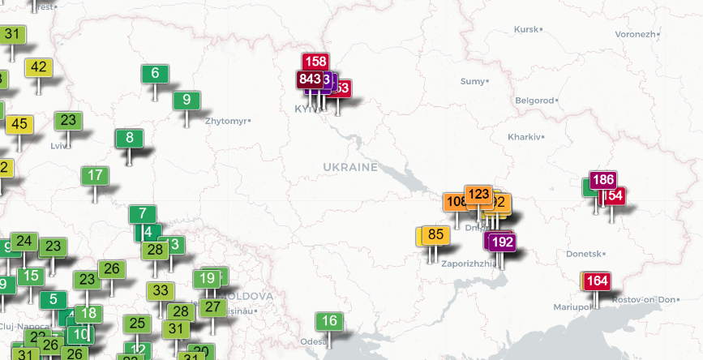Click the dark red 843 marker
pyautogui.click(x=310, y=79)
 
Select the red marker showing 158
pyautogui.click(x=315, y=62)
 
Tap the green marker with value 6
pyautogui.click(x=155, y=73)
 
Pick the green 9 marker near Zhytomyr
pyautogui.click(x=186, y=100)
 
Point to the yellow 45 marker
pyautogui.click(x=20, y=125)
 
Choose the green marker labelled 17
pyautogui.click(x=95, y=175)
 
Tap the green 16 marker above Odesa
pyautogui.click(x=328, y=321)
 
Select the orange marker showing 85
pyautogui.click(x=435, y=235)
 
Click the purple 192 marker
pyautogui.click(x=502, y=242)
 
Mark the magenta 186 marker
pyautogui.click(x=602, y=180)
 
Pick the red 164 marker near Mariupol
pyautogui.click(x=597, y=281)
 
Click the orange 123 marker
pyautogui.click(x=478, y=195)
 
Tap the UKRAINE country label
pyautogui.click(x=350, y=167)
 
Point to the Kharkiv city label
pyautogui.click(x=523, y=136)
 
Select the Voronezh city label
pyautogui.click(x=634, y=34)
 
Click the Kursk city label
pyautogui.click(x=527, y=29)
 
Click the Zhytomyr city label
pyautogui.click(x=227, y=121)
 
